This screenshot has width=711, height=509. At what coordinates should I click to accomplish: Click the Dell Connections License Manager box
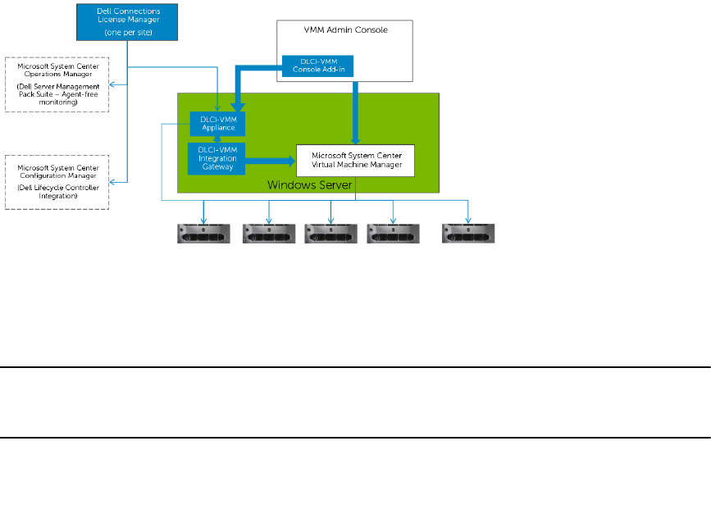(x=127, y=22)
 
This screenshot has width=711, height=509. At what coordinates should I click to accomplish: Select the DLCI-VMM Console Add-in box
(x=317, y=66)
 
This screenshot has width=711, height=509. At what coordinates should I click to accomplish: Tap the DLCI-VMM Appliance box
(x=217, y=124)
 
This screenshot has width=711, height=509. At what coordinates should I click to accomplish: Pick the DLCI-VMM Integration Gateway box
(x=216, y=159)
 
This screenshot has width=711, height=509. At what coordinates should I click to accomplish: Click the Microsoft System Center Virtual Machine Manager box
(x=356, y=161)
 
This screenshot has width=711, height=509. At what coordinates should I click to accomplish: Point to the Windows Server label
(x=310, y=185)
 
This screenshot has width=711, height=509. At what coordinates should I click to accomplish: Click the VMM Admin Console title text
(x=345, y=30)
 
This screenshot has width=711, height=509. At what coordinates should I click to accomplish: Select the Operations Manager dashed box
(x=57, y=84)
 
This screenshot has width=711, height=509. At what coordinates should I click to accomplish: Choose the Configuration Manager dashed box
(x=57, y=182)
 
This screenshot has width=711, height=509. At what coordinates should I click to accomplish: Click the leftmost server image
(x=203, y=234)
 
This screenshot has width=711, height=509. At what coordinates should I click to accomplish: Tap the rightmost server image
(x=468, y=234)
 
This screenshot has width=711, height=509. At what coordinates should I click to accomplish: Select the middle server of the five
(x=331, y=234)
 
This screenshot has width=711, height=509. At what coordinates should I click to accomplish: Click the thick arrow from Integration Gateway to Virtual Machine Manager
(x=271, y=161)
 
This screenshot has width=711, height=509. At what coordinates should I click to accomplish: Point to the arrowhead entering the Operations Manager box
(x=112, y=84)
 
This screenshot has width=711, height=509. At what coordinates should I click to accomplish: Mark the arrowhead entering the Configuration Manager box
(x=112, y=182)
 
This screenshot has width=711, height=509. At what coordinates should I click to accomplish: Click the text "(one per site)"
(x=128, y=33)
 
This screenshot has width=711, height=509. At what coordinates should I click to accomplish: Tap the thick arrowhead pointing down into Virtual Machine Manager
(x=356, y=139)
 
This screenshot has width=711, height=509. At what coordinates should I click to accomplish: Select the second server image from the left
(x=269, y=234)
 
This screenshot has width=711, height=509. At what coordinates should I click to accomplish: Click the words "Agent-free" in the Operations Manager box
(x=80, y=94)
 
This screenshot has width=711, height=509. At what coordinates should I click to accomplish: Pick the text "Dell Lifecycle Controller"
(x=58, y=188)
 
